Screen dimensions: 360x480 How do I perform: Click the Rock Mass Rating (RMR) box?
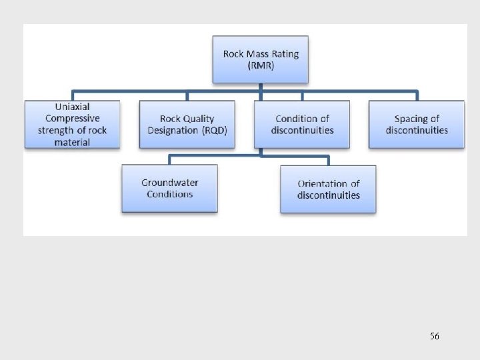coord(261,59)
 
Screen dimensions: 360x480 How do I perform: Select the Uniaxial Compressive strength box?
coord(72,125)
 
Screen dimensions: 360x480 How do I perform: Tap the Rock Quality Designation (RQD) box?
coord(187,125)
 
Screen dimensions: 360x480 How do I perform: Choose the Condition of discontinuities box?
coord(302,125)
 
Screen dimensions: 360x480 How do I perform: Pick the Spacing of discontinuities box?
coord(417,125)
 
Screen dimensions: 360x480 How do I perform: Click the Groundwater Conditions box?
coord(169,189)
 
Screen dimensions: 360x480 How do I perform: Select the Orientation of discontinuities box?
coord(328,189)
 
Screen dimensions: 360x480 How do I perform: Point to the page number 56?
coord(435,337)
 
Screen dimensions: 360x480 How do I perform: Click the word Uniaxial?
coord(72,107)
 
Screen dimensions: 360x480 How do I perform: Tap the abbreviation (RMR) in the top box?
coord(261,65)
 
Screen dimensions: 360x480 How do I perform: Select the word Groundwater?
coord(170,183)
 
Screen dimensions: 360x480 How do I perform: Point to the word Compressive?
coord(72,119)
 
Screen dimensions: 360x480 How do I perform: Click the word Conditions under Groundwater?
coord(170,195)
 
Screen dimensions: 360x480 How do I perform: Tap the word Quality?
coord(199,119)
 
